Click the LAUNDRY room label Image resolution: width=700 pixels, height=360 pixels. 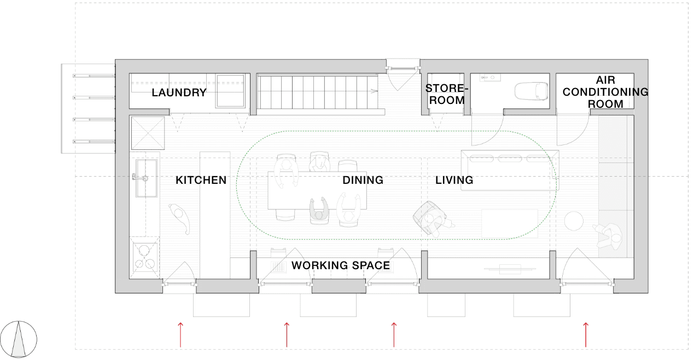pyautogui.click(x=179, y=92)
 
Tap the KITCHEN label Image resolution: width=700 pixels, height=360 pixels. pyautogui.click(x=201, y=180)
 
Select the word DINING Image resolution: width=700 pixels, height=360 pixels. pyautogui.click(x=363, y=180)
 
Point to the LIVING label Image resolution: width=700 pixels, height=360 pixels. pyautogui.click(x=454, y=180)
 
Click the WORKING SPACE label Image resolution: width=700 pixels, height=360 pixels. pyautogui.click(x=341, y=265)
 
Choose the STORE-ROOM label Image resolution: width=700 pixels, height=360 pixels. pyautogui.click(x=447, y=94)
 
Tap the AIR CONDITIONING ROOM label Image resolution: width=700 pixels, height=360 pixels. pyautogui.click(x=605, y=92)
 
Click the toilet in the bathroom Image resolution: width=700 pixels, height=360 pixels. pyautogui.click(x=531, y=91)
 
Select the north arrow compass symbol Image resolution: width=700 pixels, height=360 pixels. pyautogui.click(x=19, y=339)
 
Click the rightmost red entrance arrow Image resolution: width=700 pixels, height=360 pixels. pyautogui.click(x=586, y=335)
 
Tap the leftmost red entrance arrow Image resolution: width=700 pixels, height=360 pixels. pyautogui.click(x=180, y=335)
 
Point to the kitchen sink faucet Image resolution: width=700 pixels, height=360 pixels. pyautogui.click(x=140, y=178)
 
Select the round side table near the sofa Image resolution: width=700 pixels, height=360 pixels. pyautogui.click(x=574, y=221)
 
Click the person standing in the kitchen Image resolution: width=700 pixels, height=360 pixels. pyautogui.click(x=179, y=218)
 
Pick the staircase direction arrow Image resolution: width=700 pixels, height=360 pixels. pyautogui.click(x=374, y=91)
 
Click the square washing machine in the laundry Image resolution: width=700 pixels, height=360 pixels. pyautogui.click(x=231, y=91)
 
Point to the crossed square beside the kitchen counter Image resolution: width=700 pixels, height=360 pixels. pyautogui.click(x=148, y=133)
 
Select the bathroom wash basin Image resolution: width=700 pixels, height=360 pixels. pyautogui.click(x=491, y=77)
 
